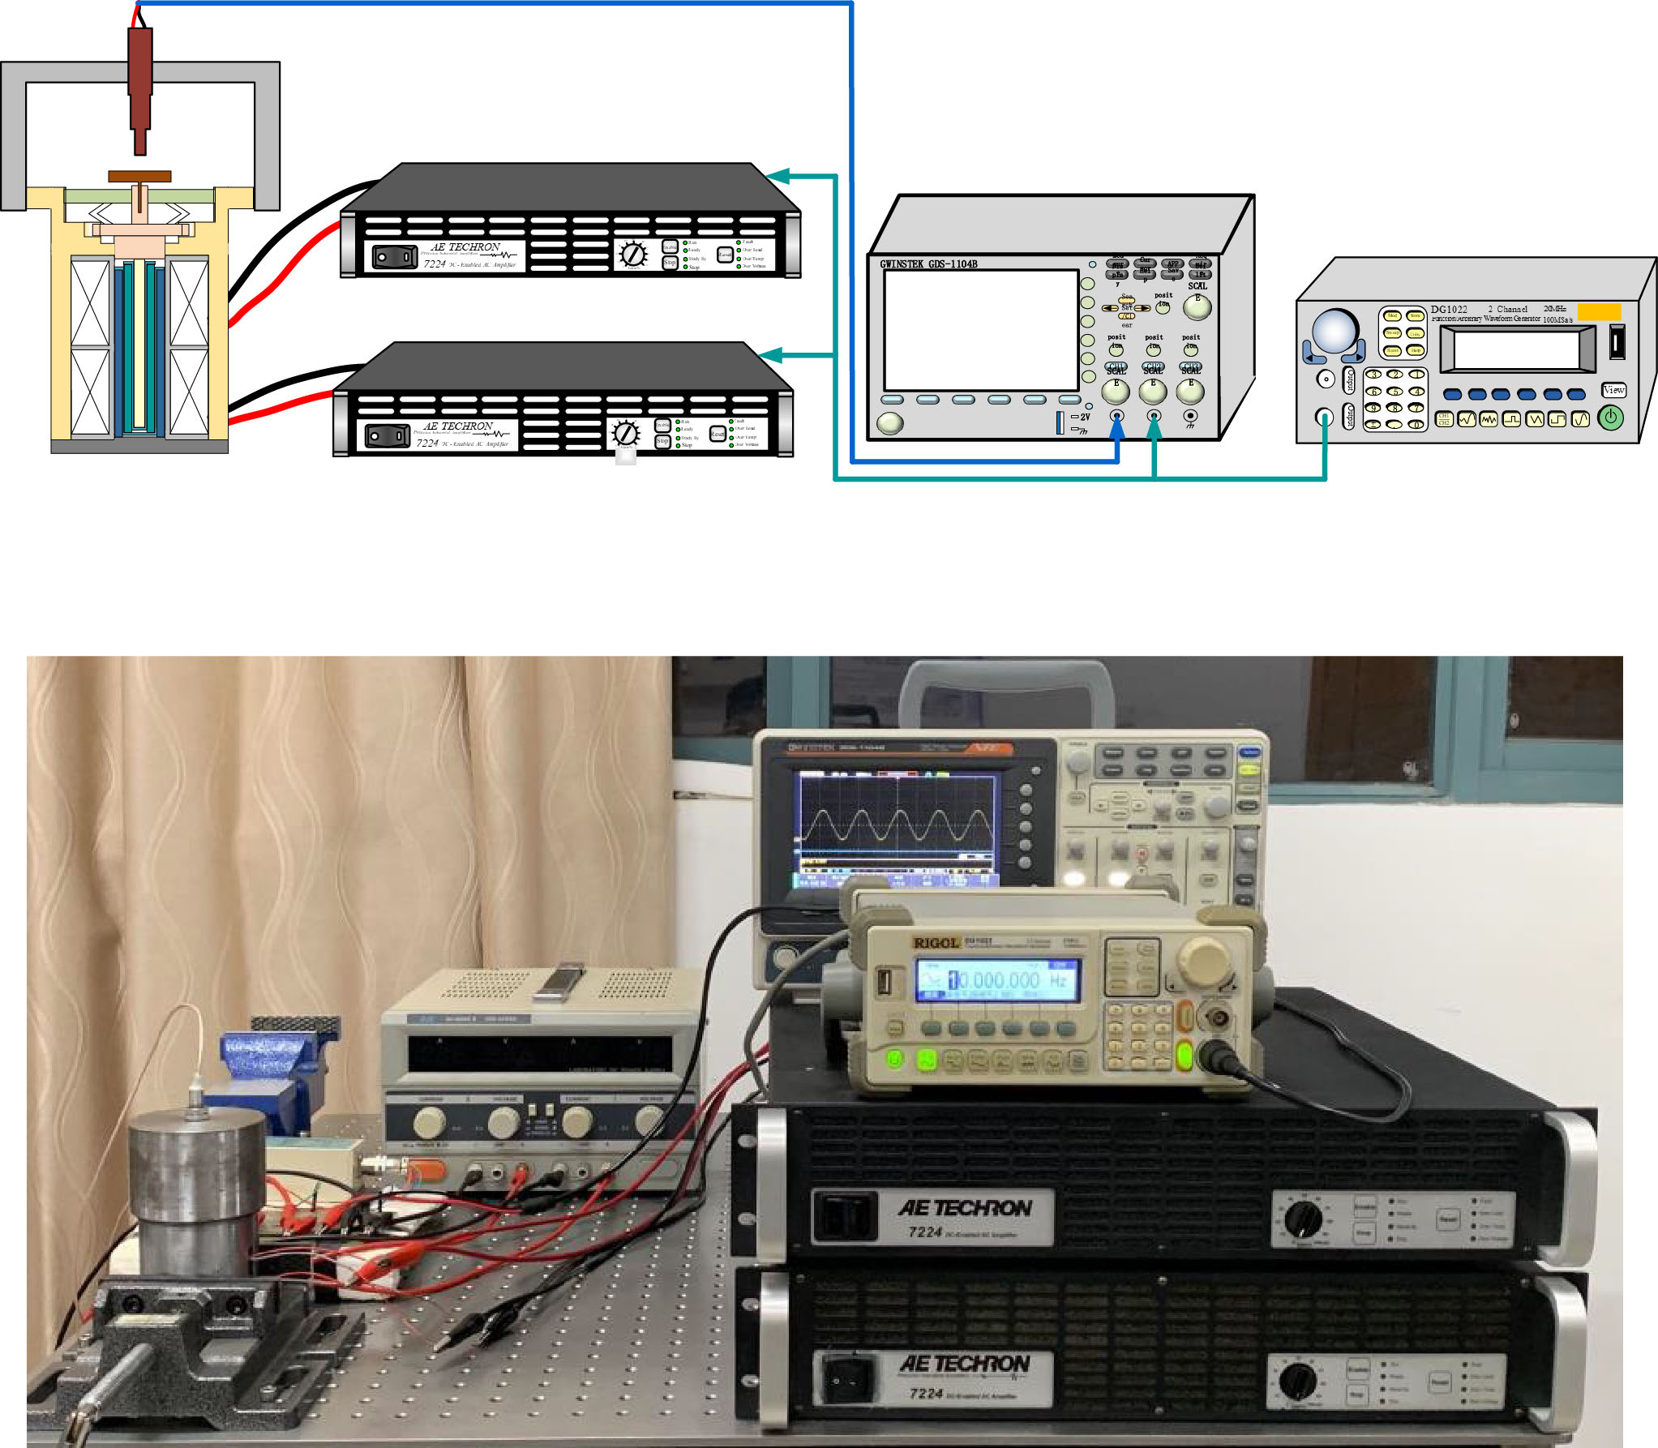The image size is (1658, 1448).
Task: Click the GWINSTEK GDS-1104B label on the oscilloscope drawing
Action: [928, 264]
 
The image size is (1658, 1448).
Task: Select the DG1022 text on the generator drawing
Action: [1449, 309]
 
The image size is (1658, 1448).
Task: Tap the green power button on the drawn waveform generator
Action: [1610, 418]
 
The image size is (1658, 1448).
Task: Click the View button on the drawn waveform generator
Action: [1613, 390]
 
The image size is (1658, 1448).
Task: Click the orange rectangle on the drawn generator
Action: [1599, 311]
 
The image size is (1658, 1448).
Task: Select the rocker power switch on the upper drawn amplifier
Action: [395, 257]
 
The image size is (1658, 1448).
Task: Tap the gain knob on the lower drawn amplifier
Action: [625, 433]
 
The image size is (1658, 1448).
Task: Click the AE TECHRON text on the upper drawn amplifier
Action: [465, 246]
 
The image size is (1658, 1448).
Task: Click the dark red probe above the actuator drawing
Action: [140, 81]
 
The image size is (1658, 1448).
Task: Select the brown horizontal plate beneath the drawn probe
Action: [139, 176]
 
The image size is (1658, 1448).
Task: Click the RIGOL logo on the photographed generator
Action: [936, 943]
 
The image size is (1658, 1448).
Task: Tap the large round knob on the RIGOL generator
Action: [1206, 961]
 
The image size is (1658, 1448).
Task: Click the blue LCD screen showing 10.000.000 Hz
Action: [997, 981]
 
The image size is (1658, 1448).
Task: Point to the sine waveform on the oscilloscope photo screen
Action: [896, 827]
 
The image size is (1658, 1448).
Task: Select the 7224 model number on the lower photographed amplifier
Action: [925, 1394]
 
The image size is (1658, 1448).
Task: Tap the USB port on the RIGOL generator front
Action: [885, 983]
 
